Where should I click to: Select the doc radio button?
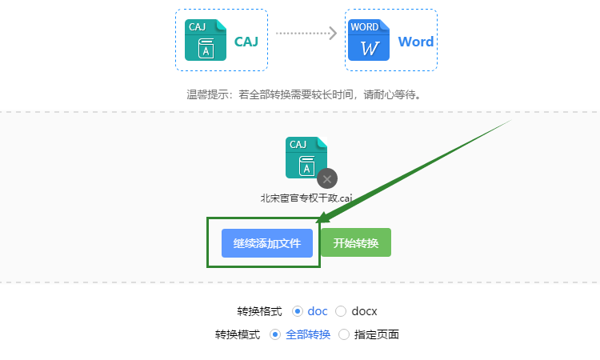click(298, 310)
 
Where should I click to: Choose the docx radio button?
click(341, 310)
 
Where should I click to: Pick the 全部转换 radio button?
click(275, 334)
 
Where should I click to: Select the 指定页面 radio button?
click(345, 334)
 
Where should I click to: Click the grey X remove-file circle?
click(326, 178)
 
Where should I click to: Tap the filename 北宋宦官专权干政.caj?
click(306, 198)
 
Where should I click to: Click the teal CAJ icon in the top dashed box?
click(205, 41)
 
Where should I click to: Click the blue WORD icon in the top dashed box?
click(369, 41)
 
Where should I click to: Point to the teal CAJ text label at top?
click(246, 42)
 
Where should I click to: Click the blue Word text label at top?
click(415, 42)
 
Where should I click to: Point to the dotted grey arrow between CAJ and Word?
click(306, 33)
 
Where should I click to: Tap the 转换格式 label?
click(259, 310)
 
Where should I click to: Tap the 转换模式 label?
click(237, 334)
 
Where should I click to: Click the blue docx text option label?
click(364, 310)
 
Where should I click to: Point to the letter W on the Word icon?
click(369, 48)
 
